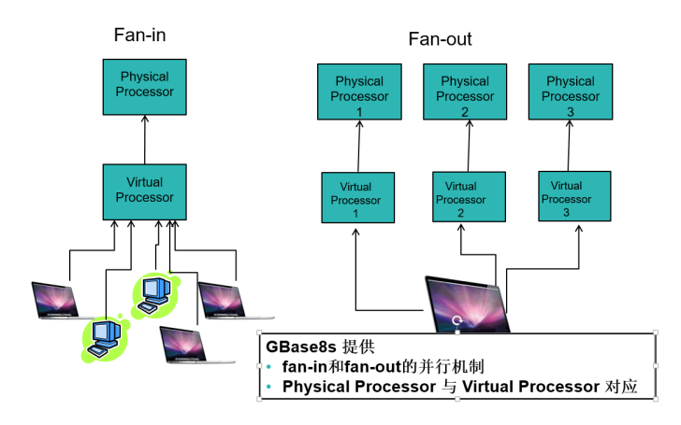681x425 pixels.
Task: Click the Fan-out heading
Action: pos(440,39)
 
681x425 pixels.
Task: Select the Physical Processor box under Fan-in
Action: pos(145,84)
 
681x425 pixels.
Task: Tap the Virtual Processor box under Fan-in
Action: pos(144,190)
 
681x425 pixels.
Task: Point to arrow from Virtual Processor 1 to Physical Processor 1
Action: pos(358,146)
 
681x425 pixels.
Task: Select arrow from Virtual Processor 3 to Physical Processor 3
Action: pos(569,146)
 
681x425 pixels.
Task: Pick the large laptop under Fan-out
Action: pos(468,301)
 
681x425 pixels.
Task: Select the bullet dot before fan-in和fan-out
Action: pos(268,365)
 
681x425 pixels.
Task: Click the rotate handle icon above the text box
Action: pos(456,319)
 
